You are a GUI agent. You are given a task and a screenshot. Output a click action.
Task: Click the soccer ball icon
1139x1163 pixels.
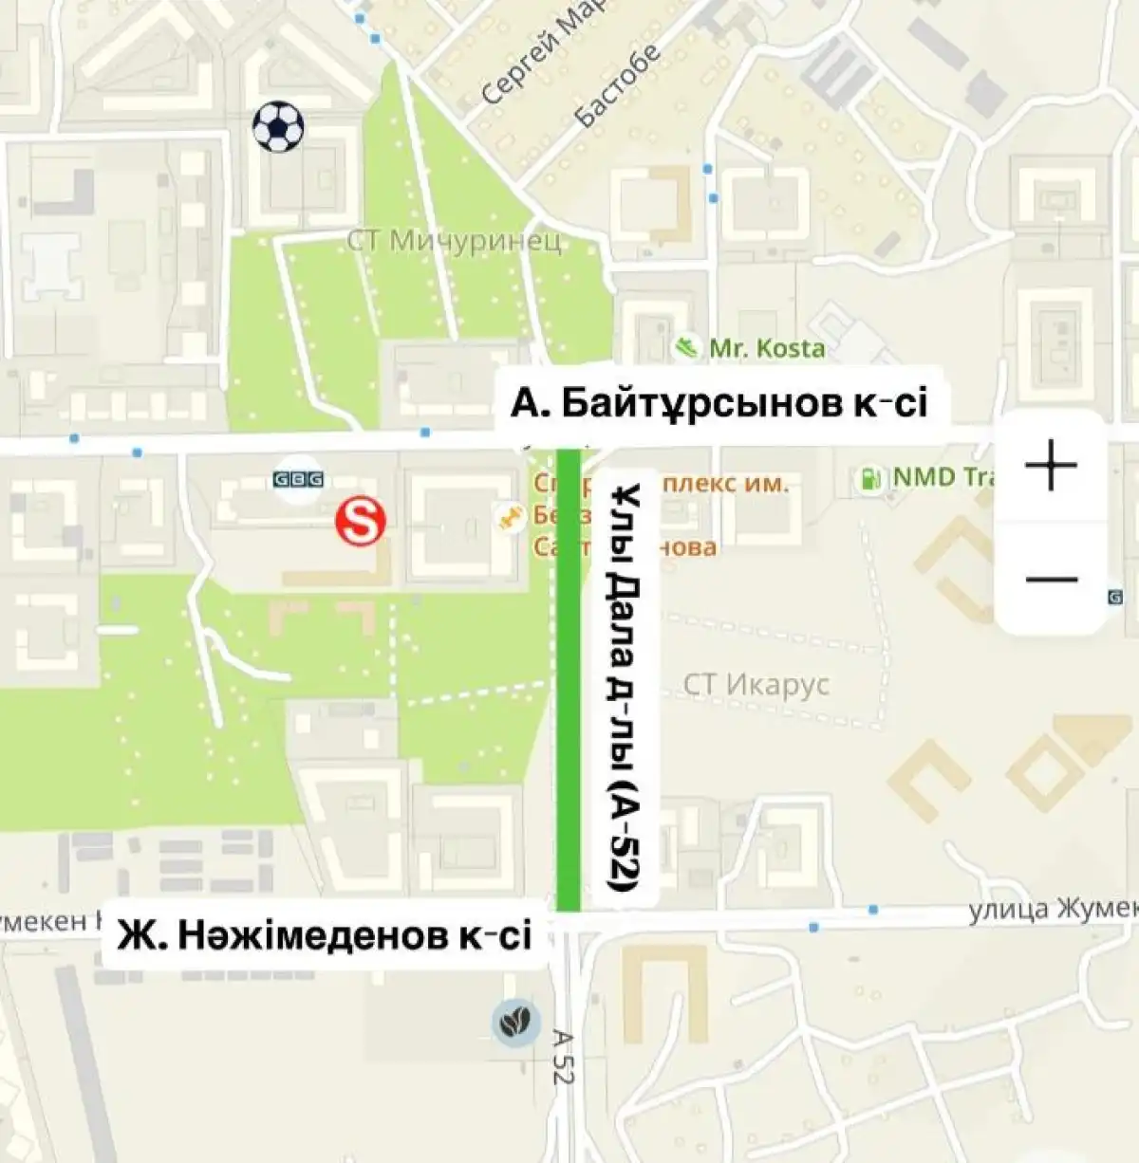point(278,127)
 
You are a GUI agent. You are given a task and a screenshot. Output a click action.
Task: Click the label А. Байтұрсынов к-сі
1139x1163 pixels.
point(719,404)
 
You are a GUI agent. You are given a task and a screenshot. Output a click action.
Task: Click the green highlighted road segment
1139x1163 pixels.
point(569,683)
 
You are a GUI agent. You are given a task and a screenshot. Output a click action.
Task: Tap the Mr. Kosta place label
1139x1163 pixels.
point(767,348)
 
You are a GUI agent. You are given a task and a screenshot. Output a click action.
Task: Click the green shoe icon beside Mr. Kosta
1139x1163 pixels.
point(684,346)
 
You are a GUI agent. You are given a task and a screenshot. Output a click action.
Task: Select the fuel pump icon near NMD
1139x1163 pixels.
point(868,477)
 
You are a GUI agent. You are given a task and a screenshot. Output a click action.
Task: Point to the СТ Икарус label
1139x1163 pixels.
point(756,684)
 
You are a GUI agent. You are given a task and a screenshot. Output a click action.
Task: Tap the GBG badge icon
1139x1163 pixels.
point(298,480)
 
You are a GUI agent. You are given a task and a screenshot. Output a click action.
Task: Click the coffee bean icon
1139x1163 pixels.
point(515,1024)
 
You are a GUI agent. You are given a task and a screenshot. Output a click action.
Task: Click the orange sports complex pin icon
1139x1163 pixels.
point(509,517)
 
